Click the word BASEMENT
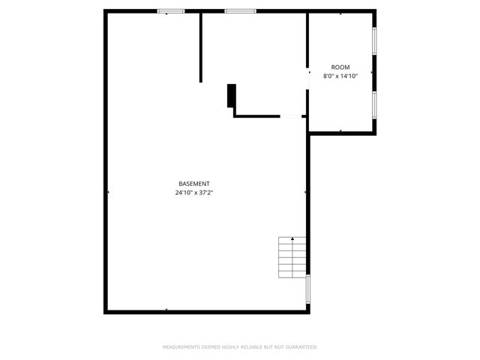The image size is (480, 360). pos(193,184)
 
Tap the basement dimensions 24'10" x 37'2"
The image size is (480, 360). pos(193,193)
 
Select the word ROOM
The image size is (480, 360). pos(340,67)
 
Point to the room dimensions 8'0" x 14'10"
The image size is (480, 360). pos(340,76)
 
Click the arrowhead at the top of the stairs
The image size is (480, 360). pos(292,238)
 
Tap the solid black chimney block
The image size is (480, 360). pos(232,95)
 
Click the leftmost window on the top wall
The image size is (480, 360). pos(171,10)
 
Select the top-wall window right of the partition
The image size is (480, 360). pos(240,10)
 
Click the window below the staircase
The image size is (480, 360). pos(308,289)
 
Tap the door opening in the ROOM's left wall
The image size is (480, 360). pos(307,79)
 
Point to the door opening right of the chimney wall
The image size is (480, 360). pos(291,116)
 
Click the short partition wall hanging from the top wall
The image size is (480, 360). pos(200,46)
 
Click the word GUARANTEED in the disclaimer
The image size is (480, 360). pos(301,347)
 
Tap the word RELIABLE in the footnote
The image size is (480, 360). pos(250,347)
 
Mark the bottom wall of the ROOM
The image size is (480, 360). pos(342,133)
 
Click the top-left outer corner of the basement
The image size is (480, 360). pos(105,11)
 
